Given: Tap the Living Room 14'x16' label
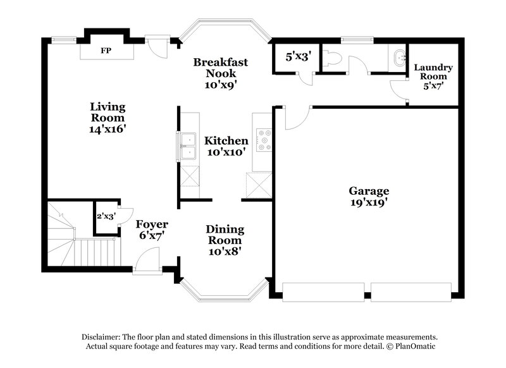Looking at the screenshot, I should point(108,117).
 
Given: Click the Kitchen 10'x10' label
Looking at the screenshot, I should point(226,146).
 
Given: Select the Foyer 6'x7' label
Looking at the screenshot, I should point(152,230).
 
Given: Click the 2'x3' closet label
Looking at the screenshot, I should point(105,216).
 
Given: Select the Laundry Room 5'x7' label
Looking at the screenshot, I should point(433,75).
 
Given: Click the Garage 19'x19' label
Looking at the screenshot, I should point(369,197).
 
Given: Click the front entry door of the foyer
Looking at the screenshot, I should point(147,261).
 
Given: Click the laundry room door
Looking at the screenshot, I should point(398,90).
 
